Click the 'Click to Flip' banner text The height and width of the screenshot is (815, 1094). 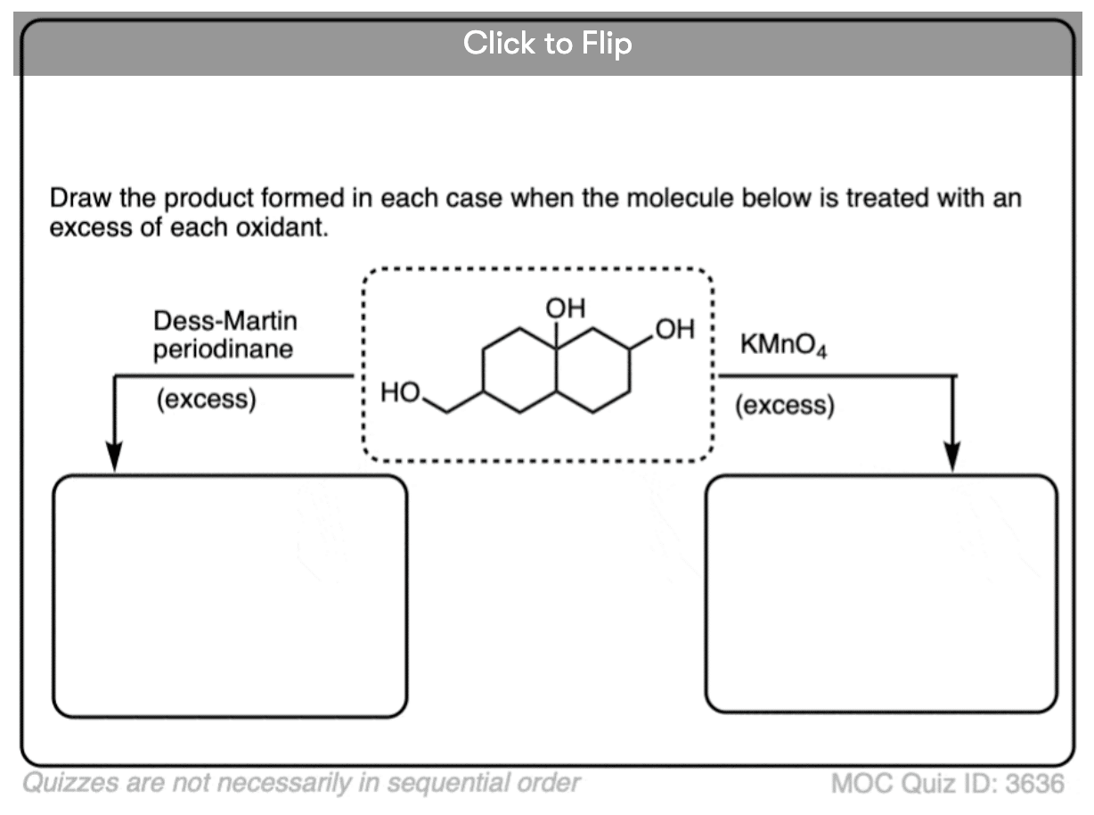click(547, 43)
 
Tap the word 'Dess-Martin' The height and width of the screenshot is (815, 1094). click(225, 321)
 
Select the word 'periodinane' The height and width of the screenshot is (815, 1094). click(223, 349)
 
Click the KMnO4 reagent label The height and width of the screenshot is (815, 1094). click(783, 346)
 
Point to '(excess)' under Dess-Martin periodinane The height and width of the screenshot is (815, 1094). click(206, 399)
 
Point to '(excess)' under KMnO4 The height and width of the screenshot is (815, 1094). click(785, 406)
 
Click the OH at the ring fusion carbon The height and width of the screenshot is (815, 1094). click(567, 309)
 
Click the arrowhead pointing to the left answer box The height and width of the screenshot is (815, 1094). click(114, 457)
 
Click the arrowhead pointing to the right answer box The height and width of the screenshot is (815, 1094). click(953, 457)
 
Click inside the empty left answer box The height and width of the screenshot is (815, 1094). click(230, 596)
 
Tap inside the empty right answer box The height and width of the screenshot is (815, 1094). click(881, 594)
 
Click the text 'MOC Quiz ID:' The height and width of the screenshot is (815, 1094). click(913, 784)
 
